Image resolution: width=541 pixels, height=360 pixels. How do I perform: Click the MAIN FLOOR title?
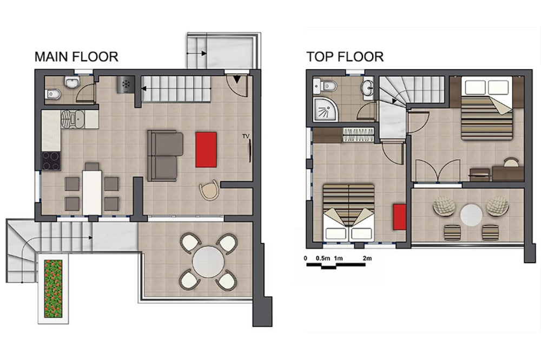click(x=76, y=57)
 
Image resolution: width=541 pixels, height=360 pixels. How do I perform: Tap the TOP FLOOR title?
click(x=345, y=57)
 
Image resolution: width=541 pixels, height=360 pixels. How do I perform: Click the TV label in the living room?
click(x=246, y=136)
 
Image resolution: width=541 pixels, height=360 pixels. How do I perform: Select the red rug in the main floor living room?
click(x=206, y=149)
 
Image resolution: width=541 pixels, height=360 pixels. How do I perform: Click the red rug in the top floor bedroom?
click(x=400, y=217)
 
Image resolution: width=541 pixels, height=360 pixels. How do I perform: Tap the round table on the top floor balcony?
click(x=471, y=215)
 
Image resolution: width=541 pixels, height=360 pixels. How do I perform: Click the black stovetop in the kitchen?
click(x=51, y=161)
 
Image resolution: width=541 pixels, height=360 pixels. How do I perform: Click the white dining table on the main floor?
click(x=92, y=192)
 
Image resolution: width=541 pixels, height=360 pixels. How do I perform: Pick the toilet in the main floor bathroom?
click(x=54, y=93)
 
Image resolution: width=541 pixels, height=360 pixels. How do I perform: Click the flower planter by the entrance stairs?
click(x=53, y=289)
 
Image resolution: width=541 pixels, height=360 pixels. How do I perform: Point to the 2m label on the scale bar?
click(x=367, y=258)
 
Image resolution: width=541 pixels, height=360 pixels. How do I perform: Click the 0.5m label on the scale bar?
click(x=323, y=258)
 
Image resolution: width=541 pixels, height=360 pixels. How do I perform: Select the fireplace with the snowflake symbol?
click(x=125, y=84)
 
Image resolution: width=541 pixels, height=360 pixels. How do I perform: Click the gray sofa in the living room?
click(x=165, y=155)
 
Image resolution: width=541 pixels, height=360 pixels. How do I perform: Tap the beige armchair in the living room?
click(x=209, y=191)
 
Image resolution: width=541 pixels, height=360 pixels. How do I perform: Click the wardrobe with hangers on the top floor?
click(x=359, y=134)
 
